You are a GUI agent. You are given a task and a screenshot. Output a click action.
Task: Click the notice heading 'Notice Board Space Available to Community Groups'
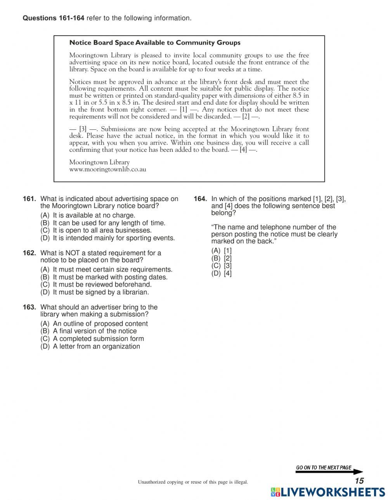(154, 43)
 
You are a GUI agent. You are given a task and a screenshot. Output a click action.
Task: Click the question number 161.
(29, 199)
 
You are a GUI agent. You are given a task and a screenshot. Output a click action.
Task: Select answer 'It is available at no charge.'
(94, 215)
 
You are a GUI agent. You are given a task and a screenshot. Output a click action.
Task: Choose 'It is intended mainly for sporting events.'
(114, 238)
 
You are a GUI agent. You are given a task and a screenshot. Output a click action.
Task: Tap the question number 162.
(29, 253)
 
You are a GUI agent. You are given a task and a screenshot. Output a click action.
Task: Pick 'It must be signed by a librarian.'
(101, 292)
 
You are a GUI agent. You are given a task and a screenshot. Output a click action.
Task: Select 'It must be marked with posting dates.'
(110, 277)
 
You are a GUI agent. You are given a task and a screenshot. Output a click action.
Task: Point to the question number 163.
(29, 308)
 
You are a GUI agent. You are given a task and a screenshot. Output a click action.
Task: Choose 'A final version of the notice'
(95, 331)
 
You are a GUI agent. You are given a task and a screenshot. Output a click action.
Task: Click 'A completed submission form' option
(98, 339)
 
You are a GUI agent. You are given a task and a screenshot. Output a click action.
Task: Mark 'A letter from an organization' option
(96, 347)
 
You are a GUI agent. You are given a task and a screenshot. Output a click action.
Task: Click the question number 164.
(200, 199)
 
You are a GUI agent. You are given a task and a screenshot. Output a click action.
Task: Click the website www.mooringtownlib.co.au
(107, 170)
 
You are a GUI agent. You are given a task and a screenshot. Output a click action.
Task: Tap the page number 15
(359, 481)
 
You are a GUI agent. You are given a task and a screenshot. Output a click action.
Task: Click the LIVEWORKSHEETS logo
(328, 492)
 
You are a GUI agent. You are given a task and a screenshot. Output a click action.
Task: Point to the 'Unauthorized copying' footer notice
(192, 482)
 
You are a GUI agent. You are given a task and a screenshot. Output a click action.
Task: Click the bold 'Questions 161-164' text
(54, 18)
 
